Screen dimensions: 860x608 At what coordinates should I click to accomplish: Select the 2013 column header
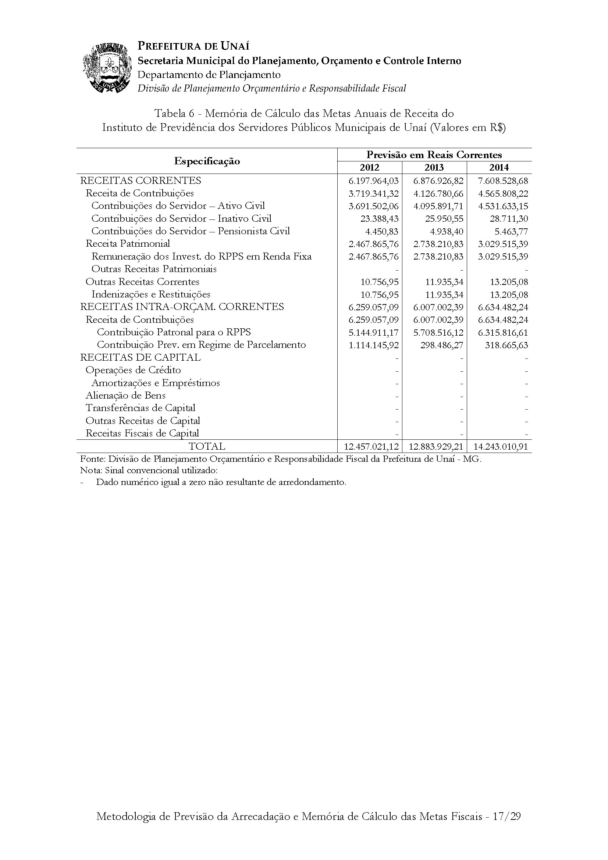click(x=434, y=167)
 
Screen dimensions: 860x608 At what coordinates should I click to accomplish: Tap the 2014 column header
click(x=499, y=167)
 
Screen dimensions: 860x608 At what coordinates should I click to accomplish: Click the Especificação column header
click(x=207, y=161)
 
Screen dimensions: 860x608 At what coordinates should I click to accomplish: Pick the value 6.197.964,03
click(x=373, y=181)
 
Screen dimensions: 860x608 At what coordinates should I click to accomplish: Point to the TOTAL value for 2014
click(x=501, y=446)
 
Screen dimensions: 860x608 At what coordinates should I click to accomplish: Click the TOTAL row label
click(x=207, y=446)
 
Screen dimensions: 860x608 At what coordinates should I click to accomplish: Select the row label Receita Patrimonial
click(x=128, y=244)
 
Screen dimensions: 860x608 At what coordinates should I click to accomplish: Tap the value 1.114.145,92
click(x=373, y=345)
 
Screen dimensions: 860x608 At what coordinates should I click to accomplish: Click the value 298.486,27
click(x=441, y=345)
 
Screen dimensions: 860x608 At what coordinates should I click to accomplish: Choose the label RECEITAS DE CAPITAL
click(x=141, y=358)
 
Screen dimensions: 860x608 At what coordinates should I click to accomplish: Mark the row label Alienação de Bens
click(x=125, y=396)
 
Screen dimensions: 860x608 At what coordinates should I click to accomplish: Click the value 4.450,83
click(x=382, y=232)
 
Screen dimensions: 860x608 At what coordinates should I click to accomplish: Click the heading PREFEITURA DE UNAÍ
click(x=193, y=46)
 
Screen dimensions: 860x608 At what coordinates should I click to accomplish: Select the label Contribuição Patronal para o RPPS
click(x=174, y=333)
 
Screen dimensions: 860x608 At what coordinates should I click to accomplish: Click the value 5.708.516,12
click(x=438, y=333)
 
